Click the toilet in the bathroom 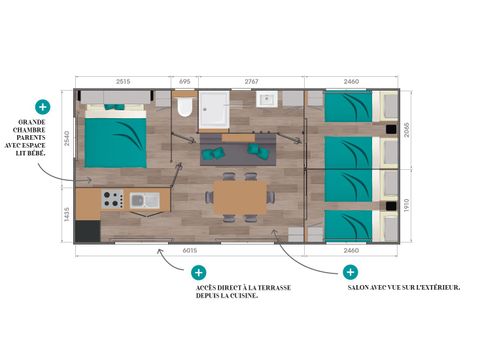click(x=184, y=106)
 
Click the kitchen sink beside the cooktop click(x=145, y=200)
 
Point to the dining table click(x=240, y=197)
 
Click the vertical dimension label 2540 click(x=66, y=140)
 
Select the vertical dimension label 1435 click(x=66, y=218)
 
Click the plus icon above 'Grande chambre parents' click(x=43, y=106)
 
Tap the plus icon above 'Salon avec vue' click(x=350, y=272)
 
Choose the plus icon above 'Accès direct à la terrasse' click(x=198, y=272)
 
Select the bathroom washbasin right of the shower click(x=267, y=99)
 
